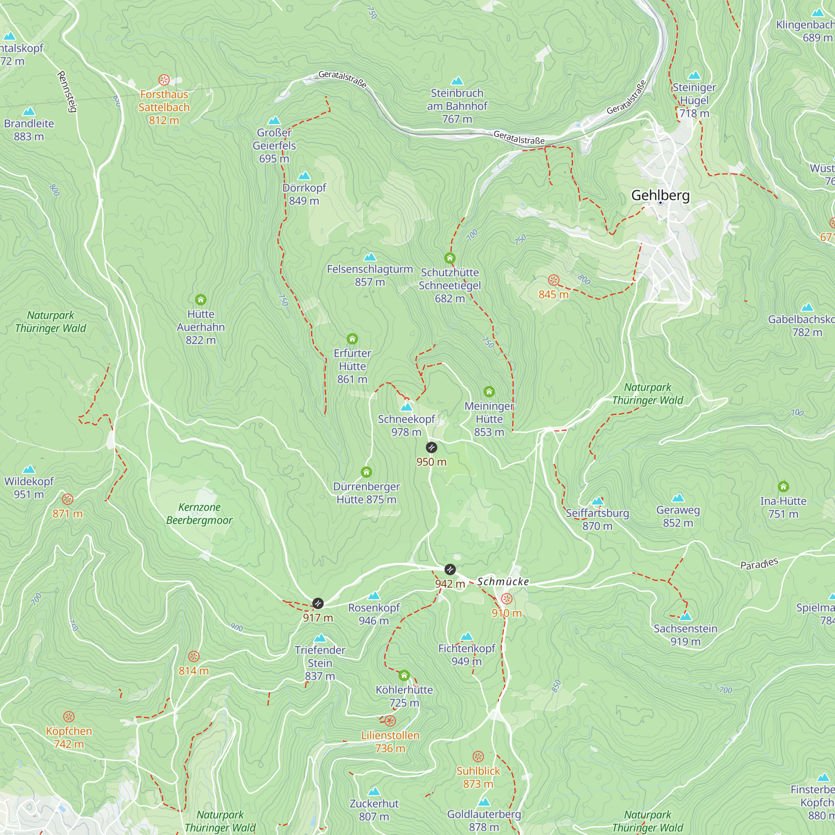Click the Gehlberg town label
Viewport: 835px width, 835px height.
point(660,195)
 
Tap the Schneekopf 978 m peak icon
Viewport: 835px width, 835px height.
point(406,407)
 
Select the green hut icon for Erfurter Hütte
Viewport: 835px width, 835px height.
point(352,339)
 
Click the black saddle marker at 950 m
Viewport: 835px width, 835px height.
point(431,447)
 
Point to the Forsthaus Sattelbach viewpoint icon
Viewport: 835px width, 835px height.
point(164,80)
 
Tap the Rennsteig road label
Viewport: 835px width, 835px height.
point(67,91)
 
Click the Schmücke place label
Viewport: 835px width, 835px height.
point(503,582)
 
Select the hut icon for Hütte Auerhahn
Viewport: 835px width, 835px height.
point(200,299)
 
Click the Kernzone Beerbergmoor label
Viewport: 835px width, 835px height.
point(199,514)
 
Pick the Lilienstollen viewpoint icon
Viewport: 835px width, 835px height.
point(390,721)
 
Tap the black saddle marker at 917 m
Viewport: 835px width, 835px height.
point(318,603)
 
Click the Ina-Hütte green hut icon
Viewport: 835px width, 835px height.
point(783,487)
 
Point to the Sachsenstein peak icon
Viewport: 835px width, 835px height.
point(686,616)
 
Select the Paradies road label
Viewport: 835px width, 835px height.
point(759,564)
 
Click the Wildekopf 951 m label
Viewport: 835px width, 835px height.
point(29,488)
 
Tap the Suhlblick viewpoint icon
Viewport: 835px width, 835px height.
point(478,757)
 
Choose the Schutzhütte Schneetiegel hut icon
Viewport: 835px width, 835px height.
point(450,258)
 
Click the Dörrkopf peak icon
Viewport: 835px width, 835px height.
point(304,175)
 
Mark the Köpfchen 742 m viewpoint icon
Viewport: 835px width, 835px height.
point(69,717)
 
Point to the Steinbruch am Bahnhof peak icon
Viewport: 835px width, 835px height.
point(457,81)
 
